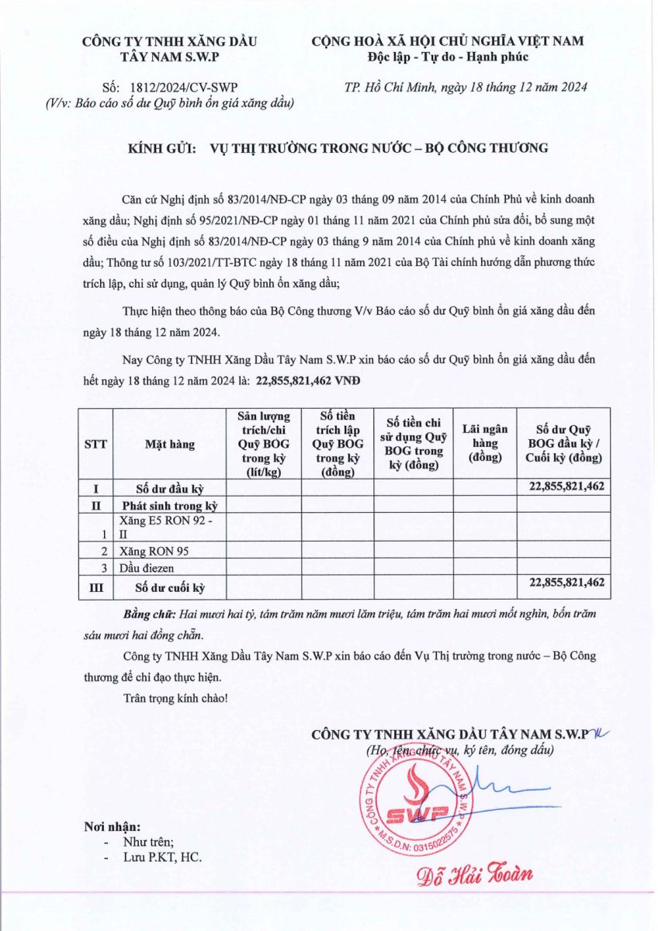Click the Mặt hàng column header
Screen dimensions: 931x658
[169, 445]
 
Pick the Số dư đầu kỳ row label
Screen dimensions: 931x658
[169, 488]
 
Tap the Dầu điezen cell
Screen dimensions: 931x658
[147, 567]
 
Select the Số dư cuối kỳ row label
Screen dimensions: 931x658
[169, 586]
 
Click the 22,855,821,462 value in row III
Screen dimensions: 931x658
[566, 582]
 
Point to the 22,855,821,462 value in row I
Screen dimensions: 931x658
[566, 486]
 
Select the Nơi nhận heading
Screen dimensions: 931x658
[113, 827]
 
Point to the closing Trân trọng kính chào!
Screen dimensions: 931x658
[175, 697]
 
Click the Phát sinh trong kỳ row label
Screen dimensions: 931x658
[169, 505]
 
